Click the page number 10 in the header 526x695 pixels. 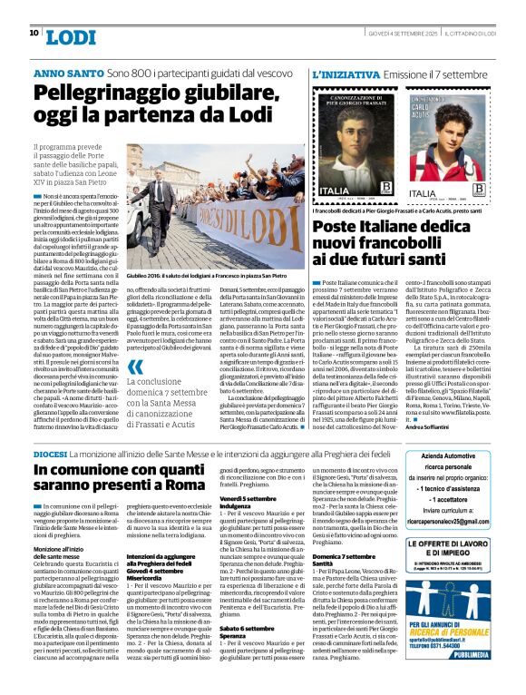[x=34, y=34]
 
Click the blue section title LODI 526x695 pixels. [x=70, y=37]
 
